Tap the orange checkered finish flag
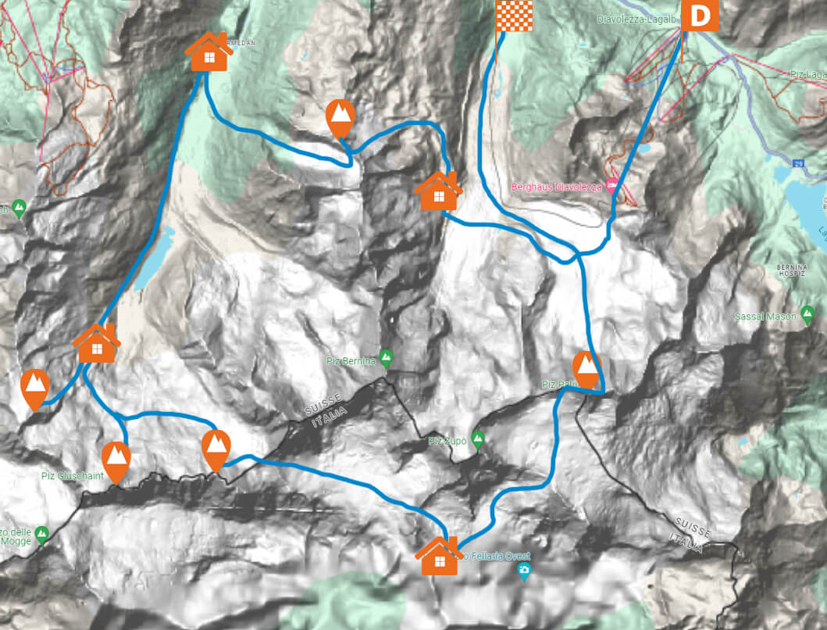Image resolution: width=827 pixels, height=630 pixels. pyautogui.click(x=514, y=16)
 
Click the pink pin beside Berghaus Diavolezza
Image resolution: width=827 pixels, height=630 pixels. pyautogui.click(x=611, y=182)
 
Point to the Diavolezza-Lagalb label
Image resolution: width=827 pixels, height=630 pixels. pyautogui.click(x=636, y=18)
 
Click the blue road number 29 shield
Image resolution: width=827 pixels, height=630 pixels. pyautogui.click(x=798, y=163)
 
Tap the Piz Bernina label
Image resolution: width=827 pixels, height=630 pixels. pyautogui.click(x=351, y=361)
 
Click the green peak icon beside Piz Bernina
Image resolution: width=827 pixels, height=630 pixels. pyautogui.click(x=385, y=360)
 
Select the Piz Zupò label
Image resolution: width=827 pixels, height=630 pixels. pyautogui.click(x=447, y=442)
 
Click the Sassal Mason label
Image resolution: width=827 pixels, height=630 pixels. pyautogui.click(x=765, y=317)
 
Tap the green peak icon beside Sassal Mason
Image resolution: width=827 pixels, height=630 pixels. pyautogui.click(x=806, y=316)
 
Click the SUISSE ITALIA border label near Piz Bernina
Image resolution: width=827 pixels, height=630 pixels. pyautogui.click(x=327, y=414)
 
